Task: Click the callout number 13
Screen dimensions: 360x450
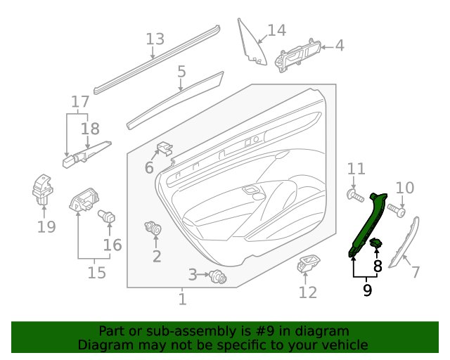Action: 155,39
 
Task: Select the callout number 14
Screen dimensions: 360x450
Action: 276,30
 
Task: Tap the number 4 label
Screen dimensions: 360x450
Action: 340,46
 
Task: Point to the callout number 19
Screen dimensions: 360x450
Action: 46,226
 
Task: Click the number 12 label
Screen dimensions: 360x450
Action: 308,292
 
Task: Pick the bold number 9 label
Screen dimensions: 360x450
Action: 367,288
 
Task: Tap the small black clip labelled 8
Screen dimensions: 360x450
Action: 376,244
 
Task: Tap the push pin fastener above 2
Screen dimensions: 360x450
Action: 153,228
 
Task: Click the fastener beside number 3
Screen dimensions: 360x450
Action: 218,277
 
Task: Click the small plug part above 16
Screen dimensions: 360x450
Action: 108,217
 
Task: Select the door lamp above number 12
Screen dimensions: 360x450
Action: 308,264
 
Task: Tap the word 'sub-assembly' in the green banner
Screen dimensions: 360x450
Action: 184,330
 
